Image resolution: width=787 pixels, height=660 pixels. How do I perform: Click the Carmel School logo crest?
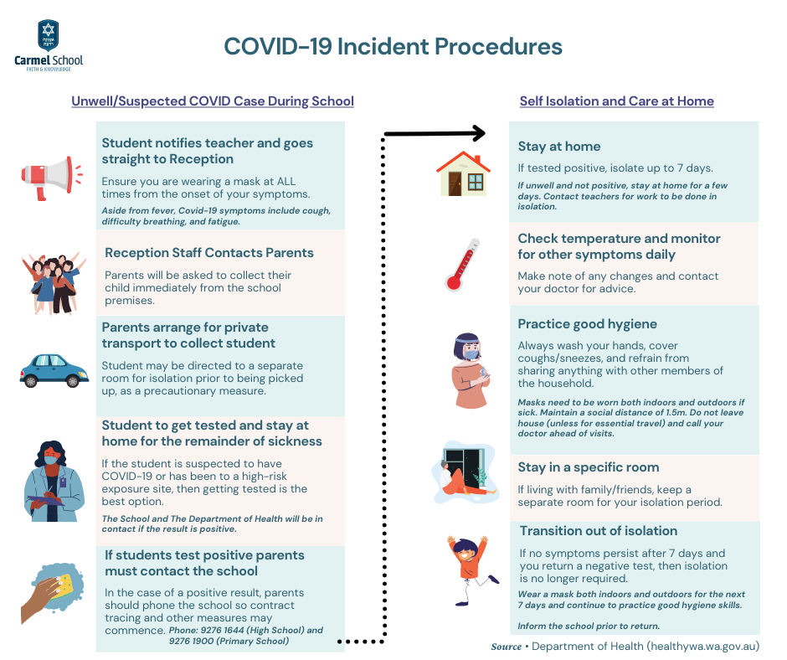tap(49, 36)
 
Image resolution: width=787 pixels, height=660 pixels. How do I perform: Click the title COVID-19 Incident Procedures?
tap(393, 46)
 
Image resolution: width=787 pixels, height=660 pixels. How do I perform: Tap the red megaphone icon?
tap(52, 178)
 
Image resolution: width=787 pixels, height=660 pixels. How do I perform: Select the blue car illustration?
tap(54, 371)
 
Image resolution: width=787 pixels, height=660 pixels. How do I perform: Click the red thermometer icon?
tap(462, 265)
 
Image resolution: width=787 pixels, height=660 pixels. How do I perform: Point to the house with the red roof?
tap(463, 173)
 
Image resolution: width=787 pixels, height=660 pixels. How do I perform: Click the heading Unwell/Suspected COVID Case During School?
tap(213, 101)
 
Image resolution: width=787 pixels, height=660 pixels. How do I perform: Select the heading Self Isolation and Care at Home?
tap(616, 101)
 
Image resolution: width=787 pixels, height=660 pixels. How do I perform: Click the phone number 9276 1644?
tap(221, 631)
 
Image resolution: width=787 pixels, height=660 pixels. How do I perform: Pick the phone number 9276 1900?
tap(190, 642)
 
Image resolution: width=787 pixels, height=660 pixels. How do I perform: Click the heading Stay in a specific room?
tap(589, 467)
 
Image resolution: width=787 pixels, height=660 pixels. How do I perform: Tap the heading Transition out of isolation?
tap(599, 531)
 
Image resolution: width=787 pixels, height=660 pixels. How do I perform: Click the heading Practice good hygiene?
tap(587, 324)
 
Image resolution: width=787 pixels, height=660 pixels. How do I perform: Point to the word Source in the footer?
tap(506, 647)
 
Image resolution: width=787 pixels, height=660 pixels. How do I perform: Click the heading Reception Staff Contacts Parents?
tap(208, 253)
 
